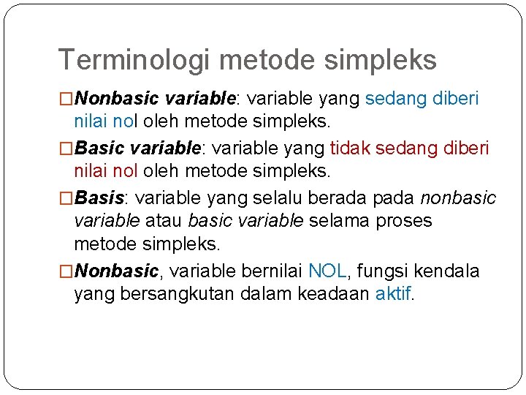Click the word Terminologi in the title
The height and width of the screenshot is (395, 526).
[136, 60]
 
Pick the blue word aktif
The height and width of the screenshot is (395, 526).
[393, 294]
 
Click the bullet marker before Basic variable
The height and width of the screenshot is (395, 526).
[66, 148]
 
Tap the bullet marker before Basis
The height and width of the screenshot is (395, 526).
[66, 198]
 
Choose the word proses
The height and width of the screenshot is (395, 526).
[404, 220]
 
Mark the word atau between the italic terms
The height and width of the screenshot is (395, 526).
[165, 220]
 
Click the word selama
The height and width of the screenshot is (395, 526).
[340, 220]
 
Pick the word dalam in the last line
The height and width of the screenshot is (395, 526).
[270, 294]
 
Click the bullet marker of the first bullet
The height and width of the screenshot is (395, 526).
[66, 99]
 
